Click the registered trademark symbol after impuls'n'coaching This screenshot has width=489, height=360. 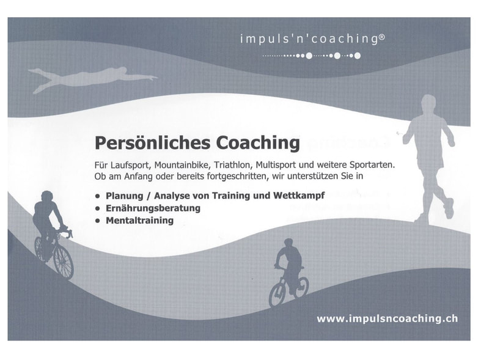tap(381, 37)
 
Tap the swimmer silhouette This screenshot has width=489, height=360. tap(90, 78)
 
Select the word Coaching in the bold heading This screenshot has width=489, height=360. tap(258, 143)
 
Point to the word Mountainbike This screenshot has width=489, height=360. tap(181, 164)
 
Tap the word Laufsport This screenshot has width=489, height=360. tap(128, 165)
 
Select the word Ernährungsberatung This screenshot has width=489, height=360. tap(153, 208)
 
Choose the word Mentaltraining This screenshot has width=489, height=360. tap(140, 221)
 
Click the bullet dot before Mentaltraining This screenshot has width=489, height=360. tap(98, 221)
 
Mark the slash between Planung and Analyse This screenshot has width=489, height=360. tap(149, 196)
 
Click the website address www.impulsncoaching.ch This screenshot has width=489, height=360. tap(388, 319)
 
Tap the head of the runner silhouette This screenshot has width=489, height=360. tap(428, 103)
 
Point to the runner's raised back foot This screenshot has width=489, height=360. tap(449, 208)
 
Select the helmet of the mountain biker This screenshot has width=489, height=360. tap(289, 242)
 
